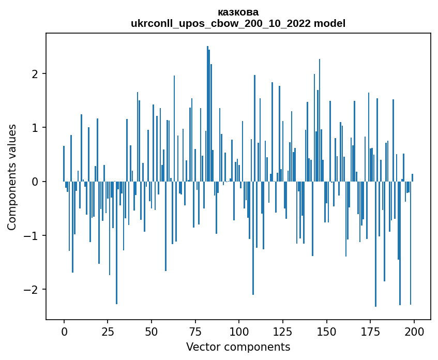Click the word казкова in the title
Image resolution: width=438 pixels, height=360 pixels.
click(x=238, y=12)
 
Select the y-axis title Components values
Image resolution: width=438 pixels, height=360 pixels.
click(x=12, y=177)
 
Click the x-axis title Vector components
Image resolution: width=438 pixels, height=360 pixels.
click(x=238, y=347)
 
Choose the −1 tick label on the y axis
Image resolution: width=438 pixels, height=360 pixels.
click(x=32, y=236)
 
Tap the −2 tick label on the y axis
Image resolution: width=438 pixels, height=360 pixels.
click(x=32, y=290)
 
